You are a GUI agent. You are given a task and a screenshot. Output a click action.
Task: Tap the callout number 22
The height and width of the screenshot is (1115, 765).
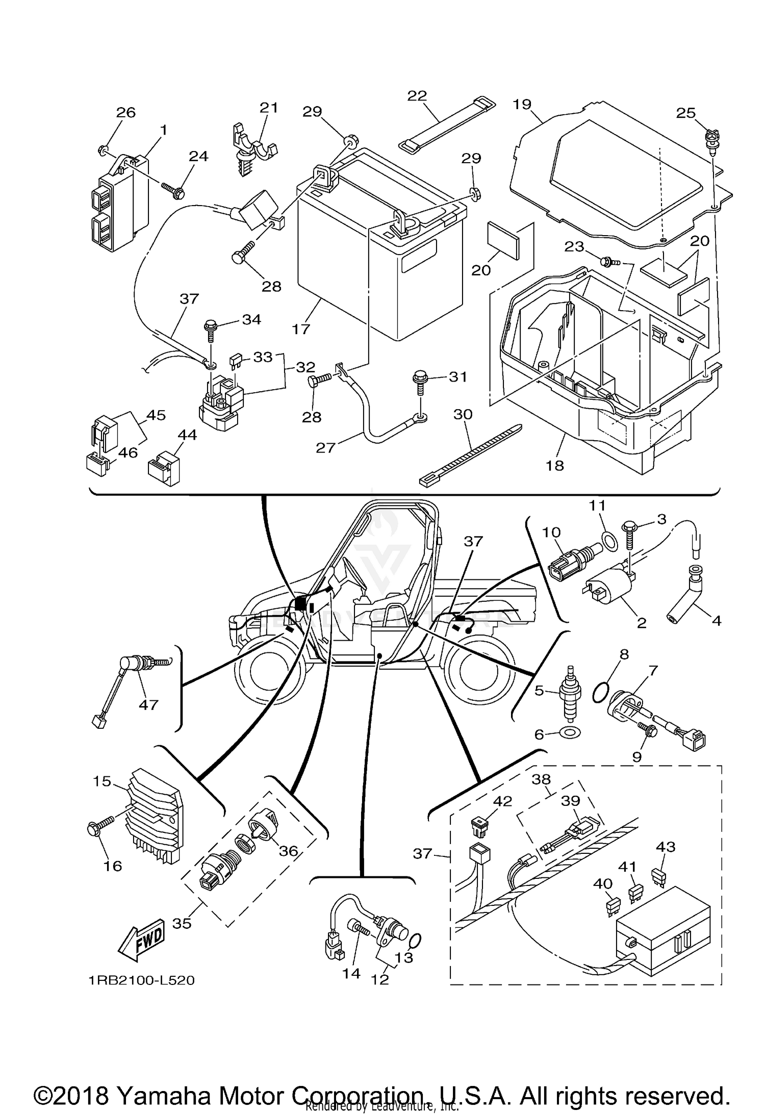(417, 96)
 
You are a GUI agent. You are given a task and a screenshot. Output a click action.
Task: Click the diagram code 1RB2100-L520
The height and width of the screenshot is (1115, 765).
(141, 980)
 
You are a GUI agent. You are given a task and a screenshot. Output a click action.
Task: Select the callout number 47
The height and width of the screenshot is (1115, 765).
(148, 705)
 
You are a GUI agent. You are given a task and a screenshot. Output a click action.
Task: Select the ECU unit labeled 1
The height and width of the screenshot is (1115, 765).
(118, 204)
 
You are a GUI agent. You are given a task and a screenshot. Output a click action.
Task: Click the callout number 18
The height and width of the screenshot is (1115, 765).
(555, 465)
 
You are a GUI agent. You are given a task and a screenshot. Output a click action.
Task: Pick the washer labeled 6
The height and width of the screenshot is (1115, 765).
(570, 734)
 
